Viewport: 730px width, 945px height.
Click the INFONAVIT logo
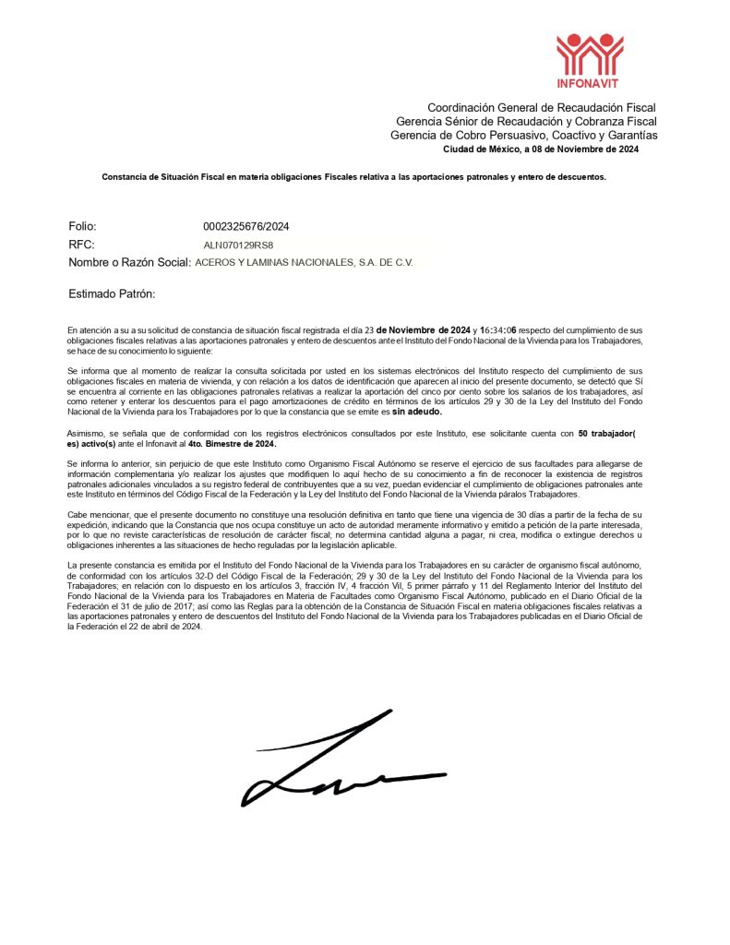point(591,55)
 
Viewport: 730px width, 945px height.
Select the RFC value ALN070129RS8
point(239,245)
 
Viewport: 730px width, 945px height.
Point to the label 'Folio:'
point(82,226)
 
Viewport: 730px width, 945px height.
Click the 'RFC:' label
point(82,245)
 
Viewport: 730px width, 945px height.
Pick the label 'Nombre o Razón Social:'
point(129,263)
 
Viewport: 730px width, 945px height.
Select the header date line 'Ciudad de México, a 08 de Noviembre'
point(541,150)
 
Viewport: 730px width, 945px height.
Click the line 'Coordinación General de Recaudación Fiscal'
point(541,108)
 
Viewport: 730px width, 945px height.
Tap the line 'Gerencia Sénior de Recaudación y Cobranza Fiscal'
point(526,122)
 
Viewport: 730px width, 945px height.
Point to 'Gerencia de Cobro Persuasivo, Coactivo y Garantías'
point(524,136)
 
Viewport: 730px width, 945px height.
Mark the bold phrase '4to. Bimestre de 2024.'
point(220,443)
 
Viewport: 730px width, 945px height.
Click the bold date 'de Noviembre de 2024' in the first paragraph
point(424,329)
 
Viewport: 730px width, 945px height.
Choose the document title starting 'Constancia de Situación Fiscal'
point(353,176)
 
